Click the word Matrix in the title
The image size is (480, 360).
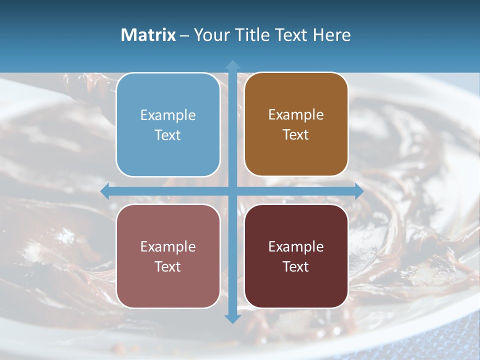click(148, 35)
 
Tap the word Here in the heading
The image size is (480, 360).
click(332, 35)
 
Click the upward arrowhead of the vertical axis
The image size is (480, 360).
click(232, 65)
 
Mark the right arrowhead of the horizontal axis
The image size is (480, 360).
click(358, 191)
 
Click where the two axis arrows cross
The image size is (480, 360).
click(232, 191)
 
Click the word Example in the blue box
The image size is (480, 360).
click(168, 115)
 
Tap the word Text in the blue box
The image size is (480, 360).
click(168, 135)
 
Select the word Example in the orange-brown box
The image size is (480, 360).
click(296, 115)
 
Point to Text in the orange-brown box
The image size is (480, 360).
click(296, 135)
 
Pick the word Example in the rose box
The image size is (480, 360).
click(168, 247)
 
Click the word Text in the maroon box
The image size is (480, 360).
click(296, 267)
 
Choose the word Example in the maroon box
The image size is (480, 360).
click(296, 247)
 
